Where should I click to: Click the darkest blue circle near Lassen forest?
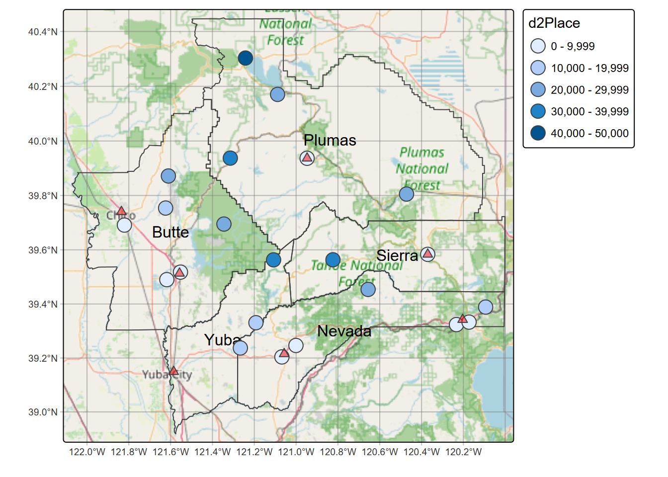pyautogui.click(x=245, y=58)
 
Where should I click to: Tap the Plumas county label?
pyautogui.click(x=330, y=141)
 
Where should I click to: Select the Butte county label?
pyautogui.click(x=170, y=233)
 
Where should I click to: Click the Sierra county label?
pyautogui.click(x=397, y=256)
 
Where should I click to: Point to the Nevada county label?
pyautogui.click(x=344, y=331)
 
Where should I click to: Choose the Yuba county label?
pyautogui.click(x=222, y=340)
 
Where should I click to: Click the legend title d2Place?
pyautogui.click(x=554, y=23)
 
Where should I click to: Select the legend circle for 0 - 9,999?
pyautogui.click(x=538, y=46)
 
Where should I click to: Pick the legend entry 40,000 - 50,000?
pyautogui.click(x=589, y=133)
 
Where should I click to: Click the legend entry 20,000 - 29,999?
pyautogui.click(x=589, y=90)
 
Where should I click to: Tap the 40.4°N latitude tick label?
pyautogui.click(x=43, y=32)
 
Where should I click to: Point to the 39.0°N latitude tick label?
pyautogui.click(x=43, y=412)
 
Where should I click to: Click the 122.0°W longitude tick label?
pyautogui.click(x=87, y=452)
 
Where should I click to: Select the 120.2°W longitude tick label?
pyautogui.click(x=463, y=452)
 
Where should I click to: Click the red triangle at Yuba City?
pyautogui.click(x=173, y=371)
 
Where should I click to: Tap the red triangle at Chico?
pyautogui.click(x=121, y=211)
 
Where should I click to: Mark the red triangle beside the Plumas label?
pyautogui.click(x=307, y=158)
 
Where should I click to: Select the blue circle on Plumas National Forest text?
pyautogui.click(x=407, y=194)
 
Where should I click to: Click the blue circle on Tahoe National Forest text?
pyautogui.click(x=333, y=259)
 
